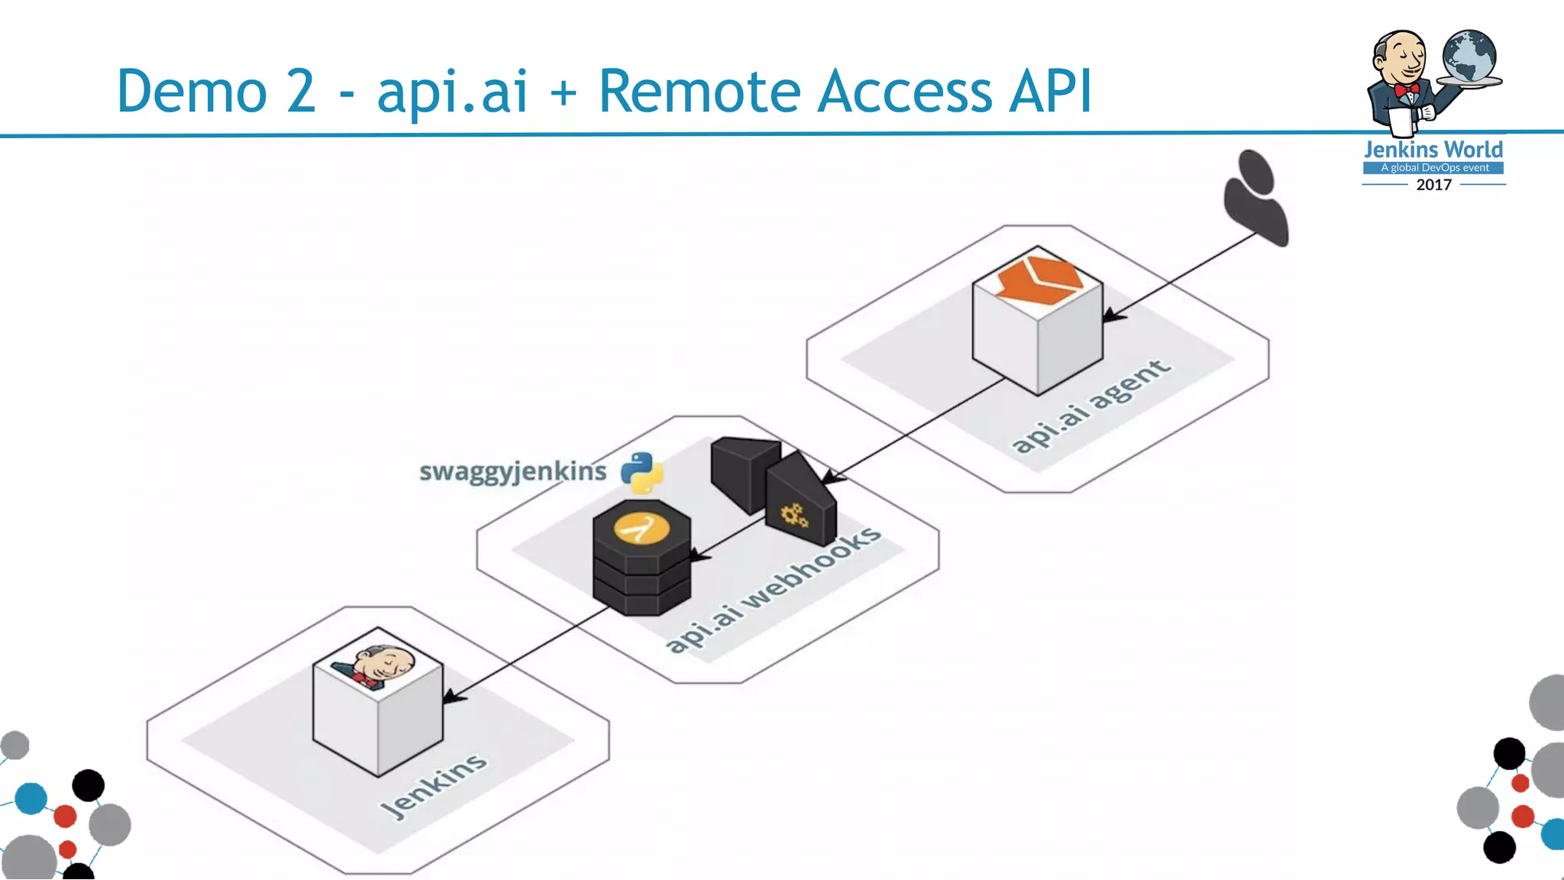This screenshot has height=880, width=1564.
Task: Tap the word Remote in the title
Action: click(699, 92)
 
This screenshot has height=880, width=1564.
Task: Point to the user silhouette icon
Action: click(1255, 198)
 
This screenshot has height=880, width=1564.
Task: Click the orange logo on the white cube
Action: click(1039, 280)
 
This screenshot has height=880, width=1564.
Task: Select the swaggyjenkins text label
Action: click(512, 471)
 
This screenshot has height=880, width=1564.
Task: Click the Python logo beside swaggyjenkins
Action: click(641, 472)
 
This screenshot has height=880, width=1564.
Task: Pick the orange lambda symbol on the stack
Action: click(641, 528)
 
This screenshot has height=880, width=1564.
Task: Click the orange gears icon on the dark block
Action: click(794, 516)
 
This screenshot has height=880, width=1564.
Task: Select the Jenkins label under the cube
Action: click(434, 785)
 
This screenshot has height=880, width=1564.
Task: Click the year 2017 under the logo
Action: click(1433, 185)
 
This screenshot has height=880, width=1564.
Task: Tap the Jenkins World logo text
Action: click(1433, 149)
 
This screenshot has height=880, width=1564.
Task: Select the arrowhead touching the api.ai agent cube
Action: click(1112, 315)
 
